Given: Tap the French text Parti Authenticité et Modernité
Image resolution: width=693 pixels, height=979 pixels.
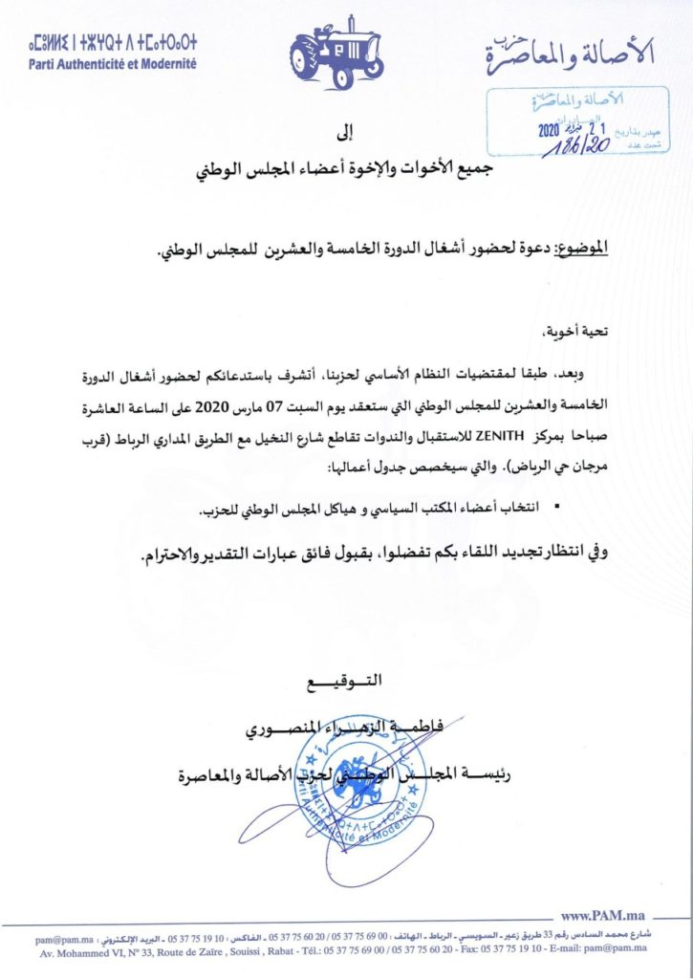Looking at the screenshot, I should point(114,62).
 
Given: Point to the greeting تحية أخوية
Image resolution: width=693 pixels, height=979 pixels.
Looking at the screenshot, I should point(586,335).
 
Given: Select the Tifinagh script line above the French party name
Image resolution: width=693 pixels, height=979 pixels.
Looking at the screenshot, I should point(100,43).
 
